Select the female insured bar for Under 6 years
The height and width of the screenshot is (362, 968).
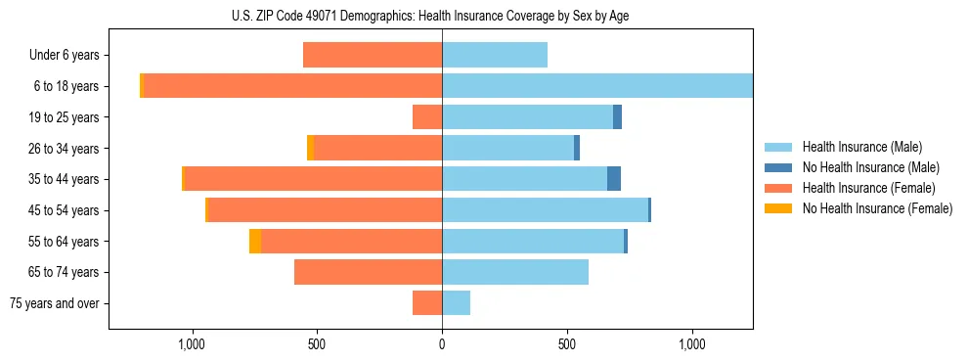click(373, 55)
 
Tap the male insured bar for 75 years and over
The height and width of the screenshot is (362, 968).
click(456, 303)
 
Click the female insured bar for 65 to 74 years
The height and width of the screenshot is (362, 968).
click(368, 272)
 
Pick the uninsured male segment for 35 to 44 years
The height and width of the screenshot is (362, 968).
click(614, 179)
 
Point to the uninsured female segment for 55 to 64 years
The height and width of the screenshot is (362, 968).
click(255, 241)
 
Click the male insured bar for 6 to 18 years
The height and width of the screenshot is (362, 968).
click(596, 86)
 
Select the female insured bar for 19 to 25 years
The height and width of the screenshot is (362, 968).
click(427, 117)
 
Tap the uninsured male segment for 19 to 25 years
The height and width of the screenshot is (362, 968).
click(617, 117)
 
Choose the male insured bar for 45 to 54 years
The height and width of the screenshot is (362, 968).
click(545, 209)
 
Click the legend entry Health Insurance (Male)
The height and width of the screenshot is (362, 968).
click(861, 147)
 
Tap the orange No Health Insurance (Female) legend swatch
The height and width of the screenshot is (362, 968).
click(779, 208)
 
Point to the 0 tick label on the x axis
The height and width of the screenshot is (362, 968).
click(442, 344)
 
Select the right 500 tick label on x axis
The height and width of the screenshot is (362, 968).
click(567, 344)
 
